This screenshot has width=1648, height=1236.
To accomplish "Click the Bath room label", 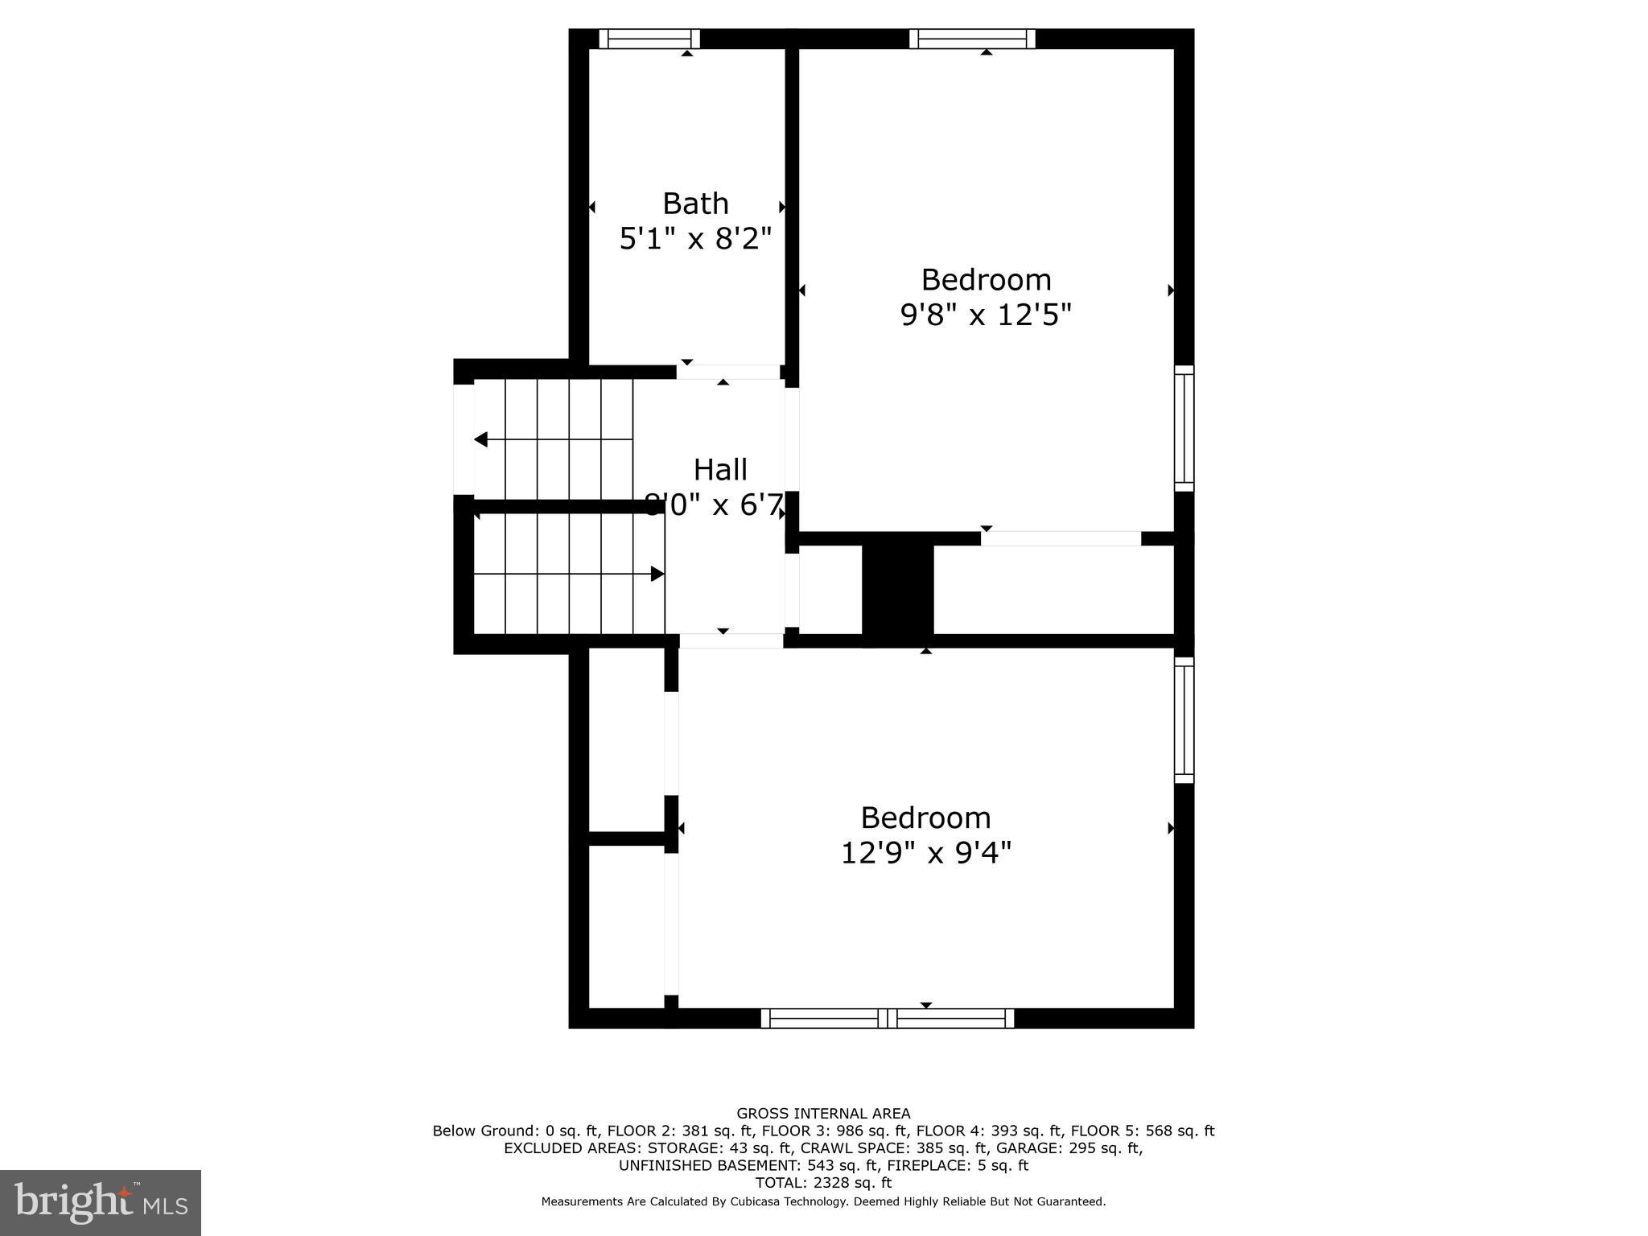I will pyautogui.click(x=695, y=204).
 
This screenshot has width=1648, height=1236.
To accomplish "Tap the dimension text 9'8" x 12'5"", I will pyautogui.click(x=986, y=315).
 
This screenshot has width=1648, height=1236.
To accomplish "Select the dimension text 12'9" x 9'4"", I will pyautogui.click(x=925, y=853).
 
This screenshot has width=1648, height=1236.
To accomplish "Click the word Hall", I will pyautogui.click(x=720, y=470).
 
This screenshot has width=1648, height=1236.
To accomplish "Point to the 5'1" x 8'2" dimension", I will pyautogui.click(x=695, y=239).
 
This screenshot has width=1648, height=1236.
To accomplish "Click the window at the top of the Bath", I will pyautogui.click(x=649, y=39).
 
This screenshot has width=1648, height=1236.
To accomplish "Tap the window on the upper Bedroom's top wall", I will pyautogui.click(x=972, y=39).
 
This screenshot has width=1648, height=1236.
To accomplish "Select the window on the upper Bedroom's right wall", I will pyautogui.click(x=1184, y=428).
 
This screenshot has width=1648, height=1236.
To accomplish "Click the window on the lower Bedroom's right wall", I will pyautogui.click(x=1184, y=719).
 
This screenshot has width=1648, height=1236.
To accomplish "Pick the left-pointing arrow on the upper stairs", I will pyautogui.click(x=481, y=439).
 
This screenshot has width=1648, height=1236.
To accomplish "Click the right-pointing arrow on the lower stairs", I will pyautogui.click(x=657, y=574).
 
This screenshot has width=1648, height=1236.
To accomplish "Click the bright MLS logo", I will pyautogui.click(x=101, y=1202).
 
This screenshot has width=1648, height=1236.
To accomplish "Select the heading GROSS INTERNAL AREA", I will pyautogui.click(x=823, y=1114).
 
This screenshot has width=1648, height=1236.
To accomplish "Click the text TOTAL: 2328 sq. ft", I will pyautogui.click(x=823, y=1183).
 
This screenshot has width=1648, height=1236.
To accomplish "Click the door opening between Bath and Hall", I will pyautogui.click(x=728, y=372).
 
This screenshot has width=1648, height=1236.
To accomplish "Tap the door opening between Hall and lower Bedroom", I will pyautogui.click(x=731, y=641).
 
